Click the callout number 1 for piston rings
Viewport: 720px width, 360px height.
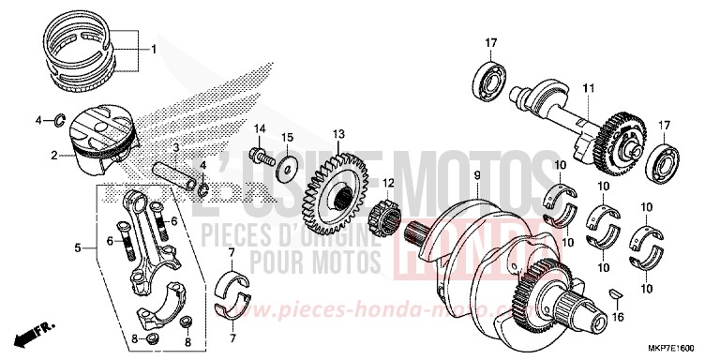pos(155,48)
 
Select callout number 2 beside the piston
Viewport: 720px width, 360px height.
pos(54,155)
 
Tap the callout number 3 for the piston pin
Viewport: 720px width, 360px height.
pos(175,148)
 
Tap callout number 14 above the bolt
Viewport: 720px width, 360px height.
pos(260,127)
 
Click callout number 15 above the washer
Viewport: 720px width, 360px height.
pos(288,138)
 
